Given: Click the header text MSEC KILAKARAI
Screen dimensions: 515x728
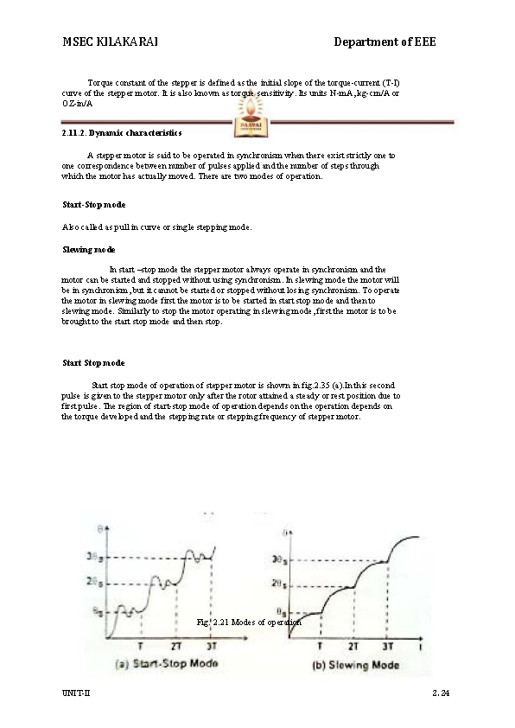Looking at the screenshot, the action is pos(110,42).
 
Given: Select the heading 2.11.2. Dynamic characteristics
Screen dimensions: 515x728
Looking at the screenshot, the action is pos(122,134).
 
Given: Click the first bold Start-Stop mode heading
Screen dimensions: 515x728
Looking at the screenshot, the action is pos(94,206).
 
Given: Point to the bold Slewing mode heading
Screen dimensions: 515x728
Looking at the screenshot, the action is pos(89,249).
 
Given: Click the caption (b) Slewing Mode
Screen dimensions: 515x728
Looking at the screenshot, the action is pos(355,666).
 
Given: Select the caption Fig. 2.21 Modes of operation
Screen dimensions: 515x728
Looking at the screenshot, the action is pos(249,622).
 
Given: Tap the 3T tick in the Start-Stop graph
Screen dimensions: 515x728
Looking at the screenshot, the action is pos(213,645).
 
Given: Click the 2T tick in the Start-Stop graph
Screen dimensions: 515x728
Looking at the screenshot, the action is pos(176,645).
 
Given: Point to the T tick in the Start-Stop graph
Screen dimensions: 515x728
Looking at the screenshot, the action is pos(142,645).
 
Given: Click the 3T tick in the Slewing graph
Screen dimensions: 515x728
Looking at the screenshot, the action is pos(388,645).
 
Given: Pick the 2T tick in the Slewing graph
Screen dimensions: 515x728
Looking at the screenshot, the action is pos(353,645).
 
